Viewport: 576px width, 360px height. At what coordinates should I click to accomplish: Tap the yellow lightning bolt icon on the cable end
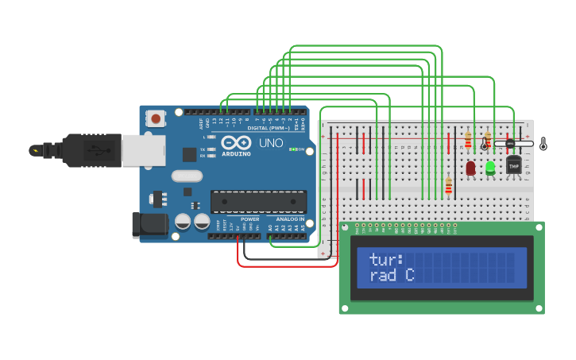[34, 149]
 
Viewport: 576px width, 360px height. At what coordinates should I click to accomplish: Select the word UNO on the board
[272, 143]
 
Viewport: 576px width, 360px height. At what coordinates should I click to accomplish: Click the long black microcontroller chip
[258, 202]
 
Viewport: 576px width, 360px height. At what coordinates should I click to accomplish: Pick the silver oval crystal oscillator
[187, 176]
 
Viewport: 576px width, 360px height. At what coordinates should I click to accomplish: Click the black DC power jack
[150, 225]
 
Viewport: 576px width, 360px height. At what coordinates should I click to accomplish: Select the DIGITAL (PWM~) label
[267, 128]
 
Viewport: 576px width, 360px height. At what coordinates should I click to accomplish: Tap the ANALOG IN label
[290, 219]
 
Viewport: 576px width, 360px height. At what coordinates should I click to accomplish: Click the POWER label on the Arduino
[249, 219]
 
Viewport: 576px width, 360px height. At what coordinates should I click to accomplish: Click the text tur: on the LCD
[387, 259]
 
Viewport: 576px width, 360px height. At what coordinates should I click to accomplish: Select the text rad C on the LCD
[392, 275]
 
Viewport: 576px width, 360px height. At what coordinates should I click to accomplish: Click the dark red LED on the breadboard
[470, 168]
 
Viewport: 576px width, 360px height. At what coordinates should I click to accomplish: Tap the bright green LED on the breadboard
[490, 167]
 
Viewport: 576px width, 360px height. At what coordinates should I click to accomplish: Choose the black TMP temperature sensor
[513, 165]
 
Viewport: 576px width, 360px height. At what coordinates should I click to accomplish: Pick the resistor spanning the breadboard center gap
[449, 186]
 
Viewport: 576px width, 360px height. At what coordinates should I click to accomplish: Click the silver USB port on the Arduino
[144, 150]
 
